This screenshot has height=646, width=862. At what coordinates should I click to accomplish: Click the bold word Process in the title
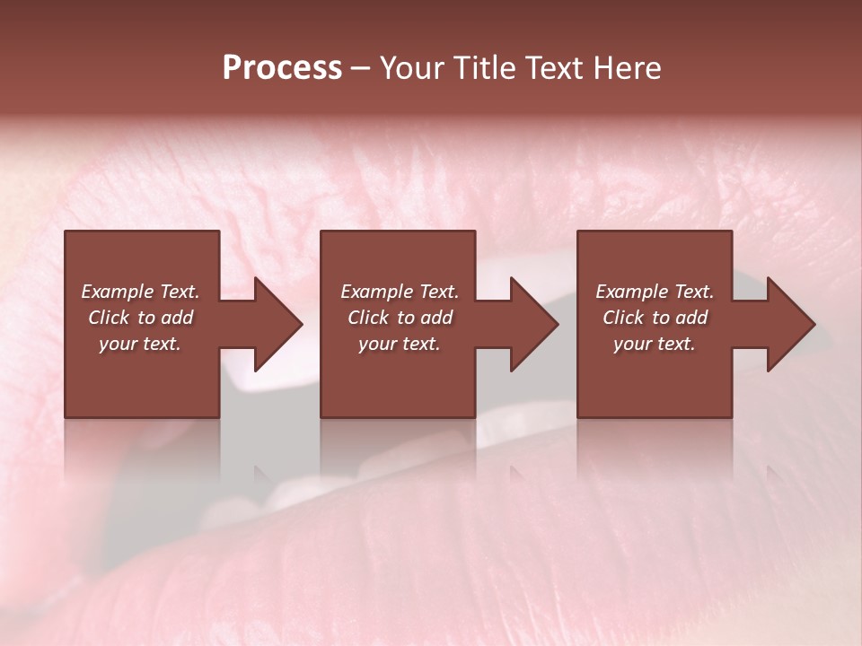(282, 68)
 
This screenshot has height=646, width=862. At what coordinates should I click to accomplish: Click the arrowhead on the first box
(274, 324)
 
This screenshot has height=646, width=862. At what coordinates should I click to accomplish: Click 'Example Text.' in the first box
(140, 292)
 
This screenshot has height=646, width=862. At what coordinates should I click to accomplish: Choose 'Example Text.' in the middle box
(400, 292)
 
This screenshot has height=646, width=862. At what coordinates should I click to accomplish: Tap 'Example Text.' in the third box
(655, 292)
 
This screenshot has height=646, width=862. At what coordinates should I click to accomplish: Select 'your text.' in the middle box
(399, 344)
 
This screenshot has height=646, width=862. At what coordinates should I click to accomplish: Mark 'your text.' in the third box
(654, 344)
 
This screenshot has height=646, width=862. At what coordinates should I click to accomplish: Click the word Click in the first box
(109, 318)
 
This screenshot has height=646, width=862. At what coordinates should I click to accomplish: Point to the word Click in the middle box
(368, 318)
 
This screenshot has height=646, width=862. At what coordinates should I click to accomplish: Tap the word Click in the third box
(623, 318)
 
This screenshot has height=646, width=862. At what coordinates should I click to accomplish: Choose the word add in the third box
(691, 318)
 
